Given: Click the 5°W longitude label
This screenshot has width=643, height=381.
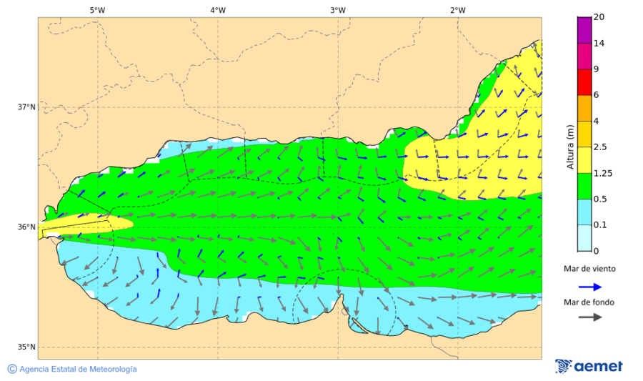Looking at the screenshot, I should coord(98,10).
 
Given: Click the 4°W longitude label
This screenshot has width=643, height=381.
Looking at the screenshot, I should coord(218,10).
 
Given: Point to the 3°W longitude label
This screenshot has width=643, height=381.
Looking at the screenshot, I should coord(338,10).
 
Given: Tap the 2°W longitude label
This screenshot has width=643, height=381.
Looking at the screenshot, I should coord(458,10).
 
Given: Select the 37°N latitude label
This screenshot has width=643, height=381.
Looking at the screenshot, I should coord(26,107).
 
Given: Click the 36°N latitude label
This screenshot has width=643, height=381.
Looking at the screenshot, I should coord(26,227).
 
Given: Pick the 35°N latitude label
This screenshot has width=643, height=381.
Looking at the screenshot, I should coord(26,347).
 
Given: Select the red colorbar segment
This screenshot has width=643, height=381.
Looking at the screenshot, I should coord(584,82).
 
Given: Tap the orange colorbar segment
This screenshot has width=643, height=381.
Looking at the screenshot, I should coord(584,108).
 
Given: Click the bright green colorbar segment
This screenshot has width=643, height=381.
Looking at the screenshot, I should coord(584,186).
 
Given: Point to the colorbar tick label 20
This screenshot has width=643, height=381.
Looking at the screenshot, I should coord(600,17).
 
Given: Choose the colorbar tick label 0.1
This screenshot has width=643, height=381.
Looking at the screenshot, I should coord(601,225).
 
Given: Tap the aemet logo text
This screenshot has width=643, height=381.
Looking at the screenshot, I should coord(599,366).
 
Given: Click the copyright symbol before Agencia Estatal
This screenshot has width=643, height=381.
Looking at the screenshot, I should coord(12,369).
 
